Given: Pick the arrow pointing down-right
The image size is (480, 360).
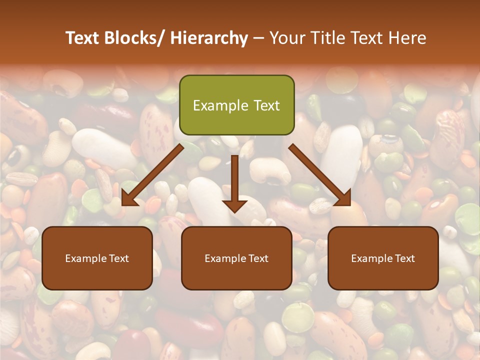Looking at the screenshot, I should pos(320,174).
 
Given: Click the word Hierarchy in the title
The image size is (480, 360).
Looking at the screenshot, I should pos(209,38).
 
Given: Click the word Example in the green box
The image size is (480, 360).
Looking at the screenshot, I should pos(220,105).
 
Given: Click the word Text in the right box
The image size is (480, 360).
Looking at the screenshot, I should pos(405,258).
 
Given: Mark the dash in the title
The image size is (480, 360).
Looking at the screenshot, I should pos(258,38).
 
